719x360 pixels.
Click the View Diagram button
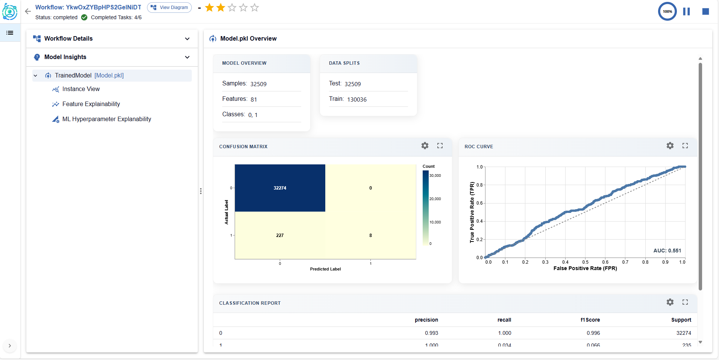(x=169, y=8)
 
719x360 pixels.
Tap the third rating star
(x=232, y=8)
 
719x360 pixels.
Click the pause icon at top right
(x=686, y=12)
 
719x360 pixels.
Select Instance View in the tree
(x=81, y=89)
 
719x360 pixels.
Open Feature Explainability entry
(x=91, y=104)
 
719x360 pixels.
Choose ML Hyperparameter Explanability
(x=106, y=119)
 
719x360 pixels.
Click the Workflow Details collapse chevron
(x=187, y=39)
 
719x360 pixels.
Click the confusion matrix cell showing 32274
(x=280, y=188)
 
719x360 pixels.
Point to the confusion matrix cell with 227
(x=280, y=235)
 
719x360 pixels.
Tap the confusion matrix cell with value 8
(x=370, y=235)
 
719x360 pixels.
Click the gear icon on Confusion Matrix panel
(x=425, y=146)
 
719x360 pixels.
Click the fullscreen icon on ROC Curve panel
(x=685, y=146)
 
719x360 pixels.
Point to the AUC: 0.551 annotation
(x=667, y=251)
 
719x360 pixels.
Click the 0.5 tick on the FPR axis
(x=585, y=262)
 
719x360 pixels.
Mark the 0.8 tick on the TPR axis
(x=479, y=185)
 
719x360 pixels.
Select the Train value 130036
(x=356, y=100)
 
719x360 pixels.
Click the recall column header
(x=504, y=320)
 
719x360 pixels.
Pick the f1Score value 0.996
(x=593, y=333)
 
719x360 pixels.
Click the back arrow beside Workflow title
(x=28, y=11)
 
